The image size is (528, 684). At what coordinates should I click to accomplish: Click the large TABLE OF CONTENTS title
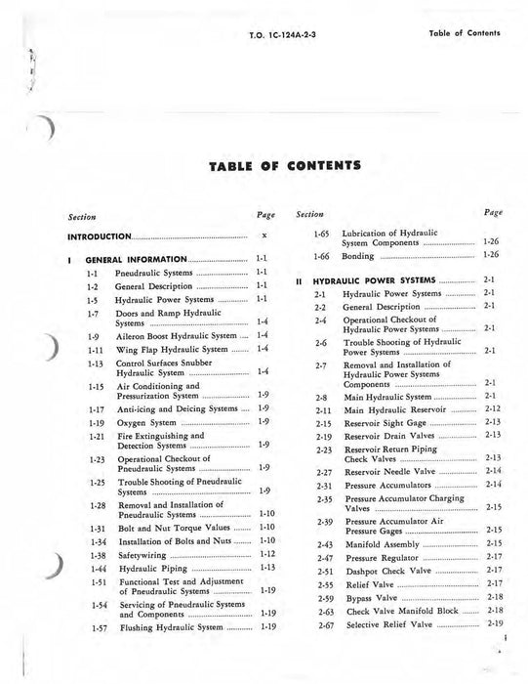click(x=264, y=166)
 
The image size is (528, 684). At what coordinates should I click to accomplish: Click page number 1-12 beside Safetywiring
click(x=265, y=553)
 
